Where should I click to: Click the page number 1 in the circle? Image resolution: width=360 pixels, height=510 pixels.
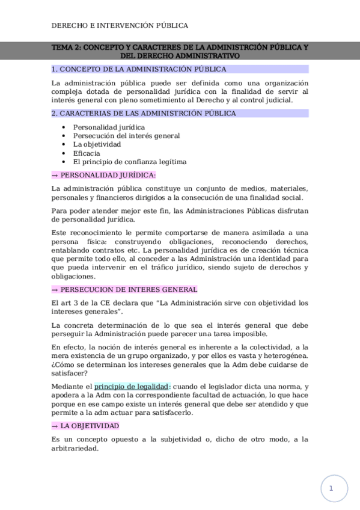[331, 488]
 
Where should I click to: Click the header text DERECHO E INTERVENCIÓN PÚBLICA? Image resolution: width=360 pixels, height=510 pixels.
[120, 25]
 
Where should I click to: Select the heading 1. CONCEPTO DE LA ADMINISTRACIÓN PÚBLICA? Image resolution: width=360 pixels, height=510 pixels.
[139, 69]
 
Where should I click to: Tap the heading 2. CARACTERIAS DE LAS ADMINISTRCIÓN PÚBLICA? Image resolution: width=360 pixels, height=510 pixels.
[144, 113]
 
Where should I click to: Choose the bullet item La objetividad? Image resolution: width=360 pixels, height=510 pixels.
[97, 144]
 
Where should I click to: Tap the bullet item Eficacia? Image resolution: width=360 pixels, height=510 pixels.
[87, 153]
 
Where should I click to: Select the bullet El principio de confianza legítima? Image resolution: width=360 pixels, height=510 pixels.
[130, 162]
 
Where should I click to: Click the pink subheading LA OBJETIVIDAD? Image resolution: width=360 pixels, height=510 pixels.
[90, 426]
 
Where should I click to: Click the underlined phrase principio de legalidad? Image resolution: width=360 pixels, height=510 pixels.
[132, 386]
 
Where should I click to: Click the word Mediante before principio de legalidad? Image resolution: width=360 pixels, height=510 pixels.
[72, 386]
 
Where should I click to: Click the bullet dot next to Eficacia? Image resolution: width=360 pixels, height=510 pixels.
[64, 153]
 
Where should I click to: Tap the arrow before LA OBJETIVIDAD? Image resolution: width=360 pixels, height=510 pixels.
[55, 426]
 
